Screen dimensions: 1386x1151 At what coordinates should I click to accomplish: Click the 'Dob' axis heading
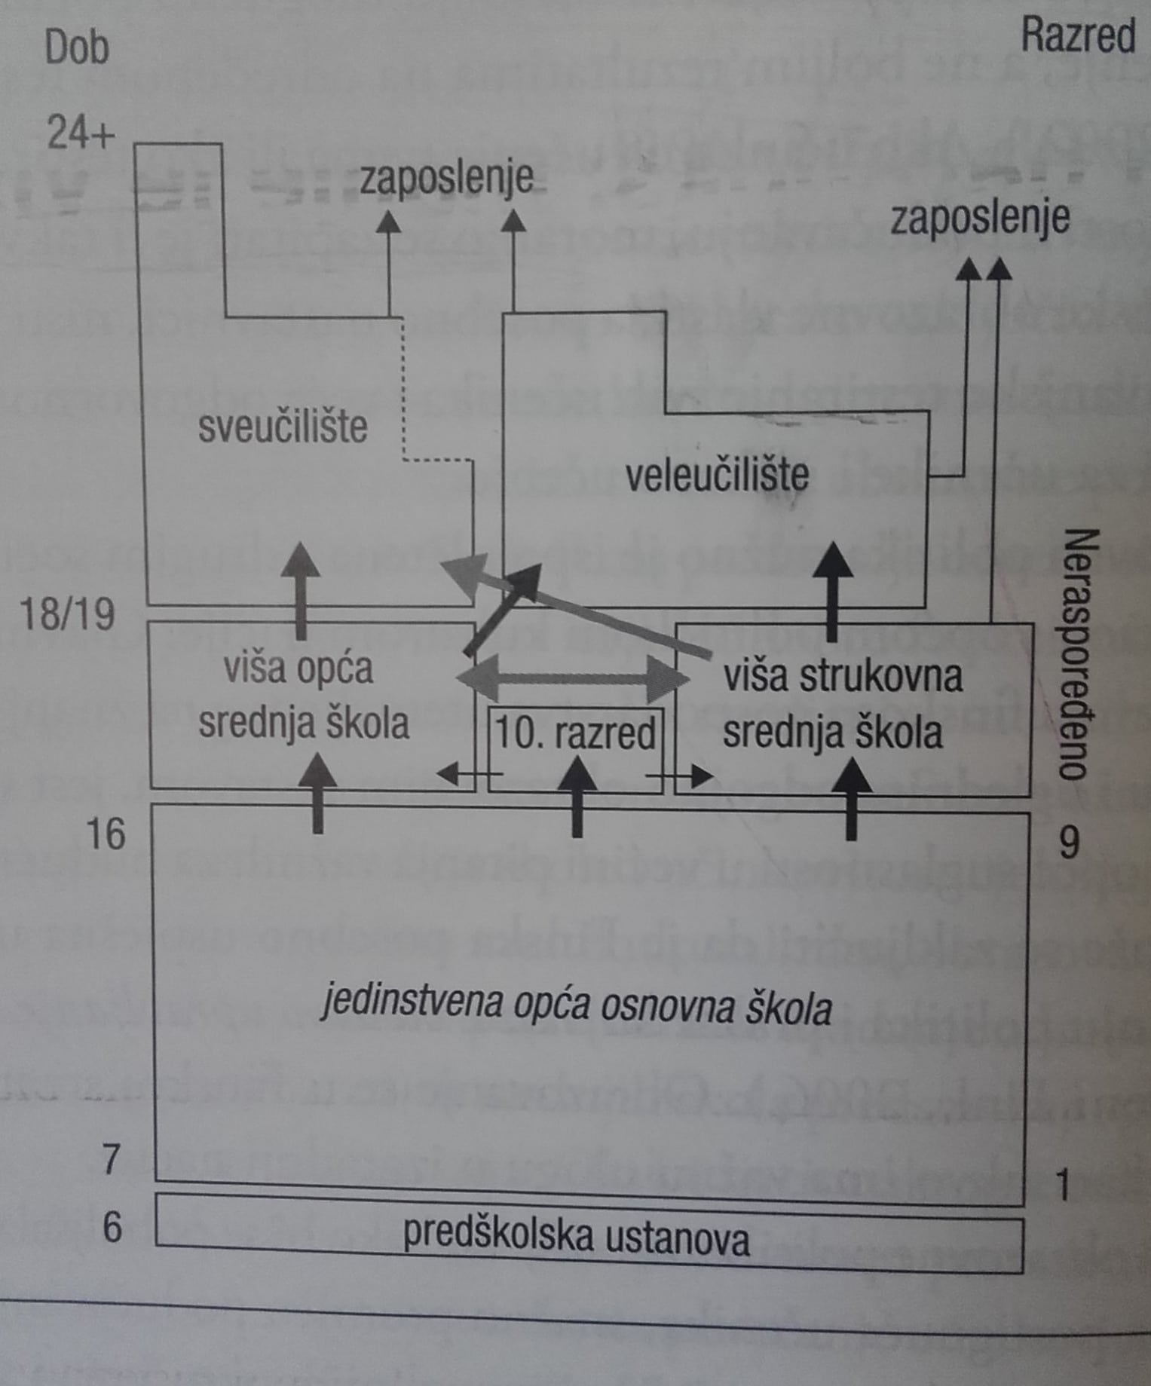click(77, 47)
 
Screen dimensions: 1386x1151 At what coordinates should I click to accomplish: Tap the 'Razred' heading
click(1077, 36)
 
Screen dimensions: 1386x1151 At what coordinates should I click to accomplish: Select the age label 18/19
click(68, 614)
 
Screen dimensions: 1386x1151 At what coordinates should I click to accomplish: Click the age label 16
click(106, 834)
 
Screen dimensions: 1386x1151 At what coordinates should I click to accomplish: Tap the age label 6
click(112, 1227)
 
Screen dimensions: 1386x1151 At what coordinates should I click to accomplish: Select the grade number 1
click(1063, 1186)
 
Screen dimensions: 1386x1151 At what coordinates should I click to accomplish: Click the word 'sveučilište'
click(283, 427)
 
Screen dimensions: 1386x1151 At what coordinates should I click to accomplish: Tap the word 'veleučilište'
click(717, 475)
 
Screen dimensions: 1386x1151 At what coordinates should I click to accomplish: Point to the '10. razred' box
click(575, 733)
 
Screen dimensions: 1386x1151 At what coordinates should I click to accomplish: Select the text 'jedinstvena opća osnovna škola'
click(577, 1007)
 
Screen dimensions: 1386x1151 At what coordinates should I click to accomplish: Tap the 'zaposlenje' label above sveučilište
click(446, 179)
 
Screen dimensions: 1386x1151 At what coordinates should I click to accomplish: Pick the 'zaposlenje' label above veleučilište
click(979, 219)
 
